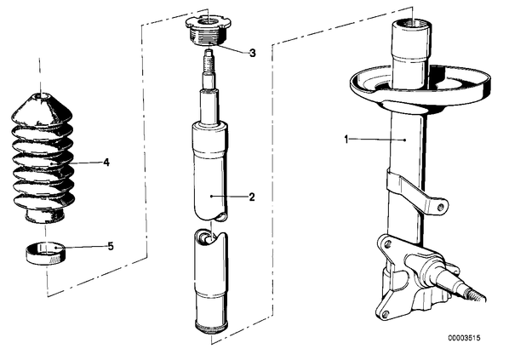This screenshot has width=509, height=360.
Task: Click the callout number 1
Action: click(x=346, y=140)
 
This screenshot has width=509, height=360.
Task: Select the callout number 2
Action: click(x=252, y=197)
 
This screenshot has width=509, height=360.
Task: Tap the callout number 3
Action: click(x=252, y=53)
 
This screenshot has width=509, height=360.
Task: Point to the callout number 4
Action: click(x=106, y=163)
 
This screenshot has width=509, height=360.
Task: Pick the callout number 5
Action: click(x=111, y=247)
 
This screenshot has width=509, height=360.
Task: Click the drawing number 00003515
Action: click(x=464, y=338)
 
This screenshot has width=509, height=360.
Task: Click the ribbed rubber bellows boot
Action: click(x=43, y=159)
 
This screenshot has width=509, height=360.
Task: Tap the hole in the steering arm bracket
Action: click(x=440, y=207)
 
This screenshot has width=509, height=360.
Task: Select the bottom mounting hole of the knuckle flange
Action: click(x=386, y=313)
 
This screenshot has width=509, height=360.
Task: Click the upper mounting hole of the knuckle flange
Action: click(x=386, y=243)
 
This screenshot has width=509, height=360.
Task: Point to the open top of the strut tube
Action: click(x=411, y=25)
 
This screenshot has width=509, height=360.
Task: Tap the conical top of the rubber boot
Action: click(x=42, y=108)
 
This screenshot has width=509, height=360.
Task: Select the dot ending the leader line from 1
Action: click(x=405, y=140)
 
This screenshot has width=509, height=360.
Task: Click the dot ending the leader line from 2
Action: click(x=211, y=196)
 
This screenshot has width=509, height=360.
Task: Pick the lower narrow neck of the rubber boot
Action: click(x=43, y=216)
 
